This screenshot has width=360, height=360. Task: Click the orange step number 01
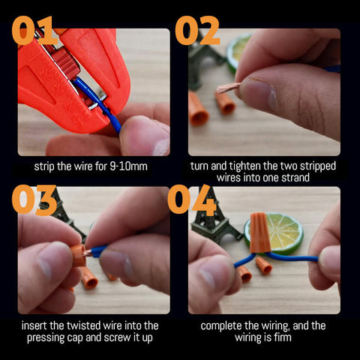(32, 30)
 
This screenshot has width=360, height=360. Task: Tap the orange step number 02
(197, 30)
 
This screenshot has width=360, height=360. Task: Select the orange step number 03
(34, 200)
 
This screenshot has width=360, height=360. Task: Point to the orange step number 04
(192, 200)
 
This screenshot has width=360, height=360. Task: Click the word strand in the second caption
(295, 178)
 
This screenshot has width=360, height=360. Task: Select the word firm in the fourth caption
(283, 337)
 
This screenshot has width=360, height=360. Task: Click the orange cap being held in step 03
(79, 255)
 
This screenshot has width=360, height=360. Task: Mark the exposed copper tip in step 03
(88, 253)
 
